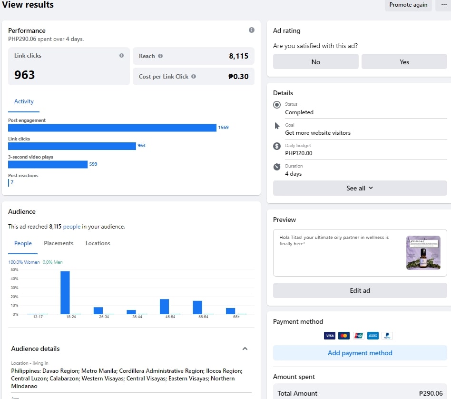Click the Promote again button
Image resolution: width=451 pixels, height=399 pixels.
click(x=408, y=5)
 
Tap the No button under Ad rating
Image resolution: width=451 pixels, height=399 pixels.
click(x=315, y=62)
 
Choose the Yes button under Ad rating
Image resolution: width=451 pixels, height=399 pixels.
click(x=404, y=62)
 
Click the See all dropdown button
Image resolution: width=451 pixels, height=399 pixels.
click(x=360, y=188)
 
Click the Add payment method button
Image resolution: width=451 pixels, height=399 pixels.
click(x=360, y=353)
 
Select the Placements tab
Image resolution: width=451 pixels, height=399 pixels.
click(x=59, y=243)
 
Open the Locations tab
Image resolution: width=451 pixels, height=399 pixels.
click(x=98, y=243)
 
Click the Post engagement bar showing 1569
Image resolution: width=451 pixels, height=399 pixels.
click(x=112, y=128)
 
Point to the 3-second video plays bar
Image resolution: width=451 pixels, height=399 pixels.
click(x=48, y=164)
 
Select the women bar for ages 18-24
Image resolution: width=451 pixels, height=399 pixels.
click(x=65, y=292)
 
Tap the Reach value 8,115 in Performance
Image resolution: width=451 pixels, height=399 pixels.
click(x=238, y=56)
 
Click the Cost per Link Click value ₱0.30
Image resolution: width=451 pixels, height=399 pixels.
click(x=238, y=77)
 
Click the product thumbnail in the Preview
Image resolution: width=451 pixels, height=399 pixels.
click(x=423, y=253)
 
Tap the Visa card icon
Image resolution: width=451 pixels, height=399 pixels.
click(x=329, y=336)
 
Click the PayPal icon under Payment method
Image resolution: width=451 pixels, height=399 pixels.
click(x=387, y=336)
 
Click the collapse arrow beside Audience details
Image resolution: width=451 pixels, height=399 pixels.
click(x=245, y=349)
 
